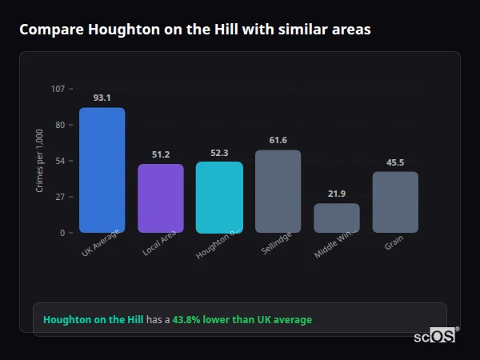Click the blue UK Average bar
pos(102,170)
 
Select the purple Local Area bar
pos(161,198)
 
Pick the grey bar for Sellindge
pos(278,191)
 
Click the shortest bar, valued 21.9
pos(337,218)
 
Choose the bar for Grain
pos(395,202)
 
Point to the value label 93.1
pos(102,98)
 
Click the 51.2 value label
pos(161,154)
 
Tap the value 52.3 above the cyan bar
pos(219,153)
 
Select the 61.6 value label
pos(278,140)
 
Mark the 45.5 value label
pos(395,162)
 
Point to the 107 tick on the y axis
pos(58,89)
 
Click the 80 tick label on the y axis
pos(60,125)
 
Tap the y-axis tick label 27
pos(60,197)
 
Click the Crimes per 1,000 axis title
pos(40,160)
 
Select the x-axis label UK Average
pos(101,244)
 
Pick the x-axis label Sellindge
pos(277,242)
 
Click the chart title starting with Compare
pos(194,29)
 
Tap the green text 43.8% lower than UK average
pos(242,320)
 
